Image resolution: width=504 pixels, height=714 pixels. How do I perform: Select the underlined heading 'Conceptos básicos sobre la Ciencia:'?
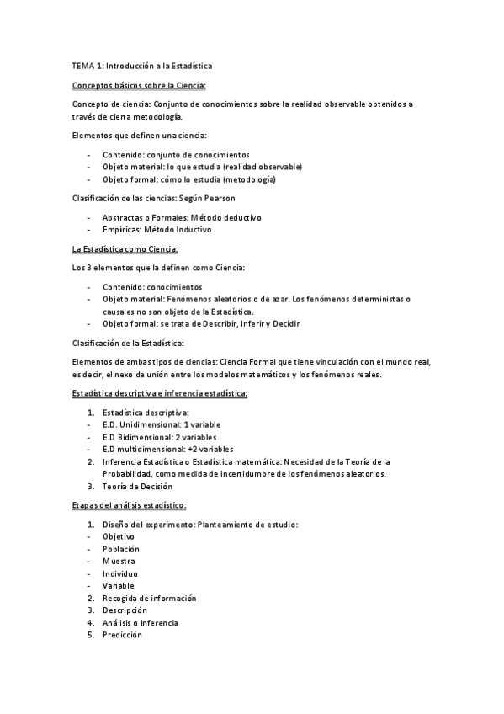140,84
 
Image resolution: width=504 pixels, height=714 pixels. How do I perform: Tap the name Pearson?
231,198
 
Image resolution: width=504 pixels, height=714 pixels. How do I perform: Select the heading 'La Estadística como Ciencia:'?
125,249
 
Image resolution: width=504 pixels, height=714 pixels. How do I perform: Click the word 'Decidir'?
285,324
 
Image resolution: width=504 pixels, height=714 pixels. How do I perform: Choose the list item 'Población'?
121,549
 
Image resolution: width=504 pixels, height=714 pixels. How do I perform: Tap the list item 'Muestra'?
119,561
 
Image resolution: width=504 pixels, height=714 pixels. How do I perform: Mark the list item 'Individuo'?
120,573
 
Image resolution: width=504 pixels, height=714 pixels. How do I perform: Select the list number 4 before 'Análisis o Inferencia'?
90,623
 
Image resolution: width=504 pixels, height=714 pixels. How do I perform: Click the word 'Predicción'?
122,635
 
